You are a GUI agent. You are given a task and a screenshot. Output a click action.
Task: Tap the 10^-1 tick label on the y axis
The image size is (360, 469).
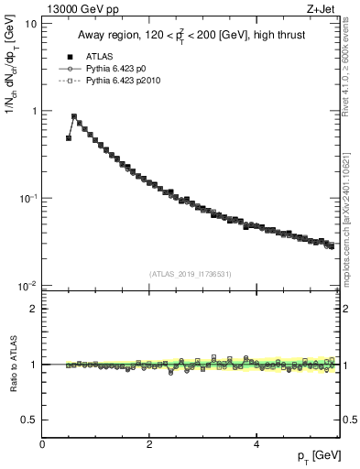(27, 198)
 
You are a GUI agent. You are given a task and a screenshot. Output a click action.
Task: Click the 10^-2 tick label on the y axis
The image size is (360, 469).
(27, 285)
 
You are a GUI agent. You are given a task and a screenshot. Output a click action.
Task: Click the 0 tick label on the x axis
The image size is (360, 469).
(43, 443)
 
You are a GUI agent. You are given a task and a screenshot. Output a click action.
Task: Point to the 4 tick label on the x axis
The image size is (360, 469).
(256, 443)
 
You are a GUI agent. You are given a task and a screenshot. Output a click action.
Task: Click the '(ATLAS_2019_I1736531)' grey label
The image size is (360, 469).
(191, 274)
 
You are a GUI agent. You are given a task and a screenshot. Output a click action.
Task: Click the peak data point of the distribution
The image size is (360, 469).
(74, 117)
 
